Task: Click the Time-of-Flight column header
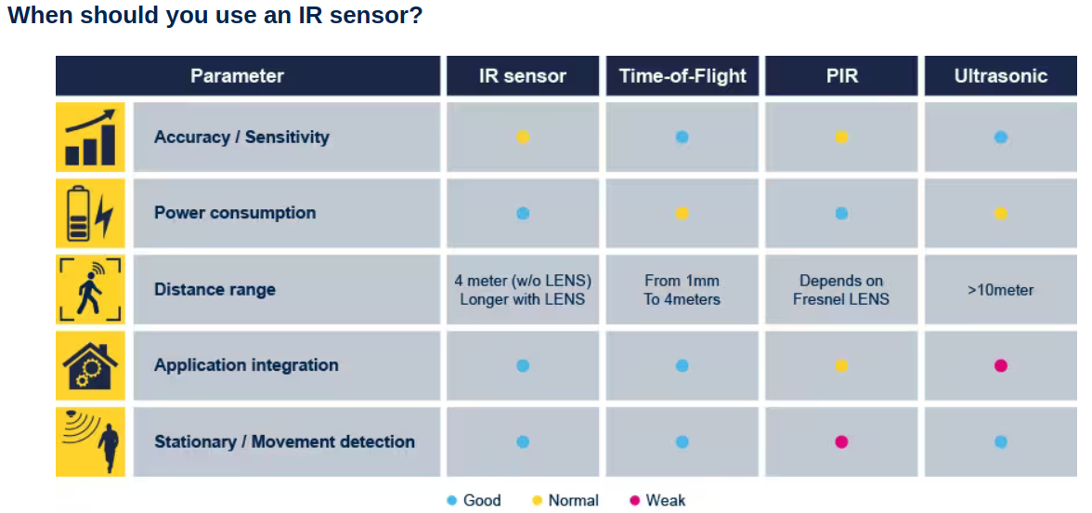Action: (x=682, y=75)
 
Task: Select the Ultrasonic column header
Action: (x=1001, y=75)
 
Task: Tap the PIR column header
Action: (x=841, y=75)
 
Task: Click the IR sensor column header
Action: (x=522, y=75)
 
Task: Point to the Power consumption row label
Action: (x=235, y=213)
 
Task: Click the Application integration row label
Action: (x=246, y=365)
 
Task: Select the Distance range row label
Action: (x=214, y=289)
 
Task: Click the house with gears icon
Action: (x=91, y=365)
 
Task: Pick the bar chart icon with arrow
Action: (x=91, y=137)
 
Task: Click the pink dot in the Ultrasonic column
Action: (x=1001, y=365)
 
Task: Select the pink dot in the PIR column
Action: (x=841, y=441)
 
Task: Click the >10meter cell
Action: (x=1001, y=290)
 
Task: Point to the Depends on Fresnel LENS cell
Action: (x=841, y=290)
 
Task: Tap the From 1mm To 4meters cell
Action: (x=682, y=290)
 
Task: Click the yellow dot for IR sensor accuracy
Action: (x=523, y=138)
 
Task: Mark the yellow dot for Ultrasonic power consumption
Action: (x=1001, y=214)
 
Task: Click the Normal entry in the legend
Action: (x=565, y=500)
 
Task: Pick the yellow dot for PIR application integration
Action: (x=841, y=365)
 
